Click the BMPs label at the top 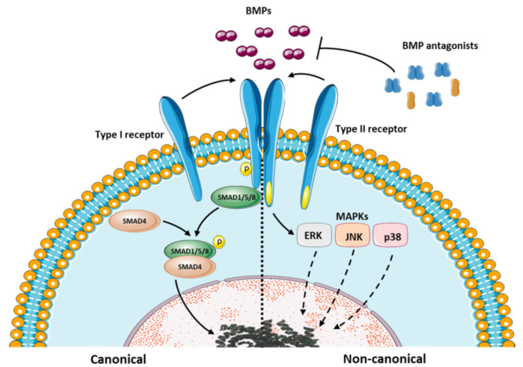(x=258, y=11)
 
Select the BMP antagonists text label (x=440, y=46)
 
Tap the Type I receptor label (x=129, y=135)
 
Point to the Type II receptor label (x=371, y=129)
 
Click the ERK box (x=314, y=235)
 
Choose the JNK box (x=353, y=235)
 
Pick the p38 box (x=391, y=235)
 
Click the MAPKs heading (x=352, y=217)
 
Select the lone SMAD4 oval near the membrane (x=135, y=221)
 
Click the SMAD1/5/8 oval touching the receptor (x=236, y=197)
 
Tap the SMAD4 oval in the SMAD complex (x=190, y=267)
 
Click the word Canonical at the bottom (x=119, y=359)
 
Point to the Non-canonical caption (x=385, y=359)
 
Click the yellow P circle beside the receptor (x=246, y=169)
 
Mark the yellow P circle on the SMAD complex (x=219, y=242)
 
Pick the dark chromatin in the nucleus (x=267, y=334)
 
